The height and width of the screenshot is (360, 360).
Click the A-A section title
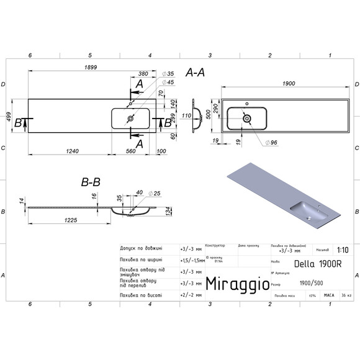click(196, 73)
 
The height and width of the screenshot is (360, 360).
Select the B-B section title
click(91, 182)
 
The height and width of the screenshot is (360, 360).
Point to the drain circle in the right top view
click(246, 116)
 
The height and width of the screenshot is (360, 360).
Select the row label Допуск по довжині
click(140, 249)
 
